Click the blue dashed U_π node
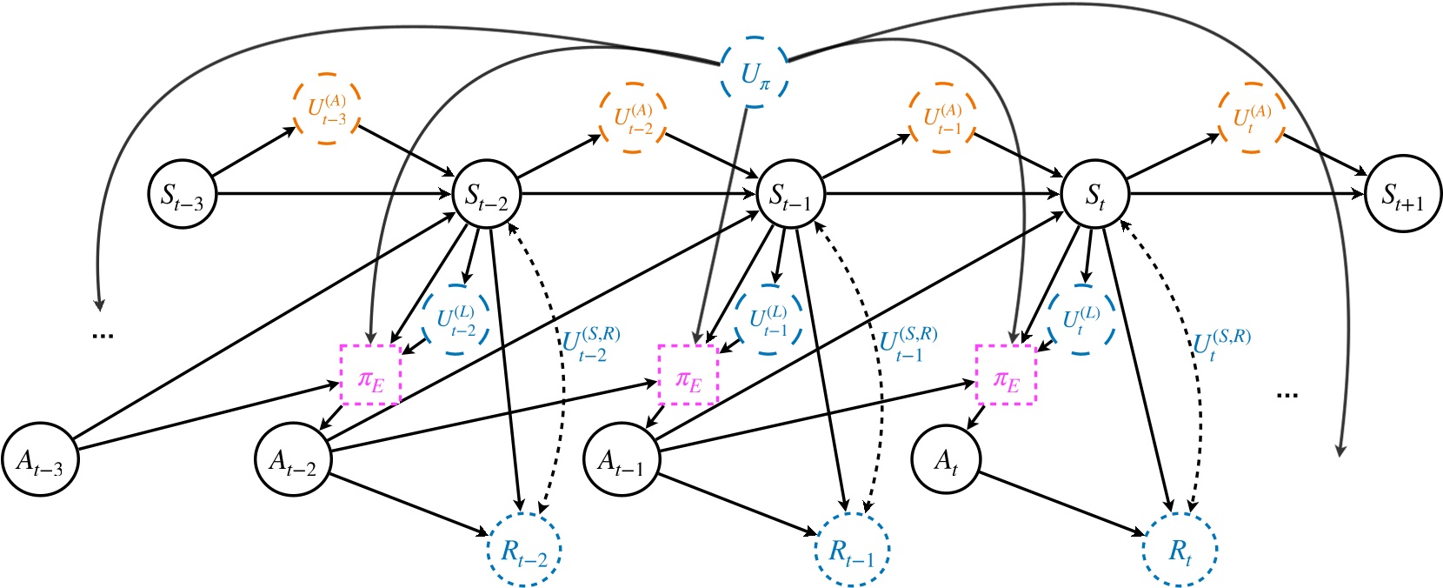point(755,73)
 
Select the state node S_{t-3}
point(182,193)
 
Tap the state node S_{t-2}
point(487,193)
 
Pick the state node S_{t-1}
point(790,194)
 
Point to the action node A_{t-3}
point(40,460)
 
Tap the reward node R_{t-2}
point(524,550)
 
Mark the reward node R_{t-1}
point(850,550)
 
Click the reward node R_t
point(1179,550)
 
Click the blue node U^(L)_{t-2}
point(456,320)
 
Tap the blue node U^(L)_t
point(1081,319)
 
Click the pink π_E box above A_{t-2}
point(370,375)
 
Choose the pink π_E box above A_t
point(1006,375)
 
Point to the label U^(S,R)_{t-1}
point(907,344)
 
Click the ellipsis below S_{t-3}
point(103,335)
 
